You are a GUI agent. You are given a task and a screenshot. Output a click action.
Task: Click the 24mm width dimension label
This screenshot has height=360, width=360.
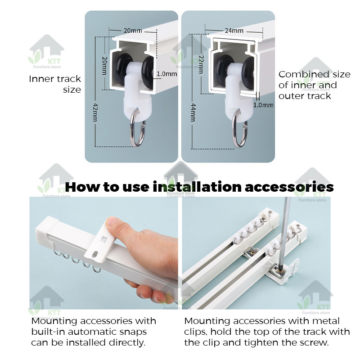(x=234, y=31)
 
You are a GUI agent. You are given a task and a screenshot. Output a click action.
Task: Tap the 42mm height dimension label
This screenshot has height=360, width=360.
(x=95, y=112)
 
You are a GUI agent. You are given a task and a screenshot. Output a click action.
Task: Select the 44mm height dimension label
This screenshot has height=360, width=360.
(x=193, y=112)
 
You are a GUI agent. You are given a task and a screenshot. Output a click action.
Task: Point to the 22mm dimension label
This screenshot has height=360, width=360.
(x=201, y=64)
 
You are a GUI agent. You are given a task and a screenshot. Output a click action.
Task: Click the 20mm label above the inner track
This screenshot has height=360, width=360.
(x=133, y=31)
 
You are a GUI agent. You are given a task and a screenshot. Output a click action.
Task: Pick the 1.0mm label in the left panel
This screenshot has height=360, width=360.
(x=166, y=74)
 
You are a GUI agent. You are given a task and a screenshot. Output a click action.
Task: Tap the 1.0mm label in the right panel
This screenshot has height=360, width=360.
(x=263, y=105)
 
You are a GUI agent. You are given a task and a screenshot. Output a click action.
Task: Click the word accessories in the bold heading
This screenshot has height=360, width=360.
(x=289, y=187)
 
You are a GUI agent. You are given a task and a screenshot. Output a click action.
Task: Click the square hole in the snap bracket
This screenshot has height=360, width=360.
(x=103, y=239)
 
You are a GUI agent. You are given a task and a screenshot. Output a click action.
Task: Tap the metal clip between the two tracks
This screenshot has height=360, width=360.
(x=251, y=253)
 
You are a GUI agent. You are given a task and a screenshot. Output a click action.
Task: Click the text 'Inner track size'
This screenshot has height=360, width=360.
(x=55, y=84)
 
